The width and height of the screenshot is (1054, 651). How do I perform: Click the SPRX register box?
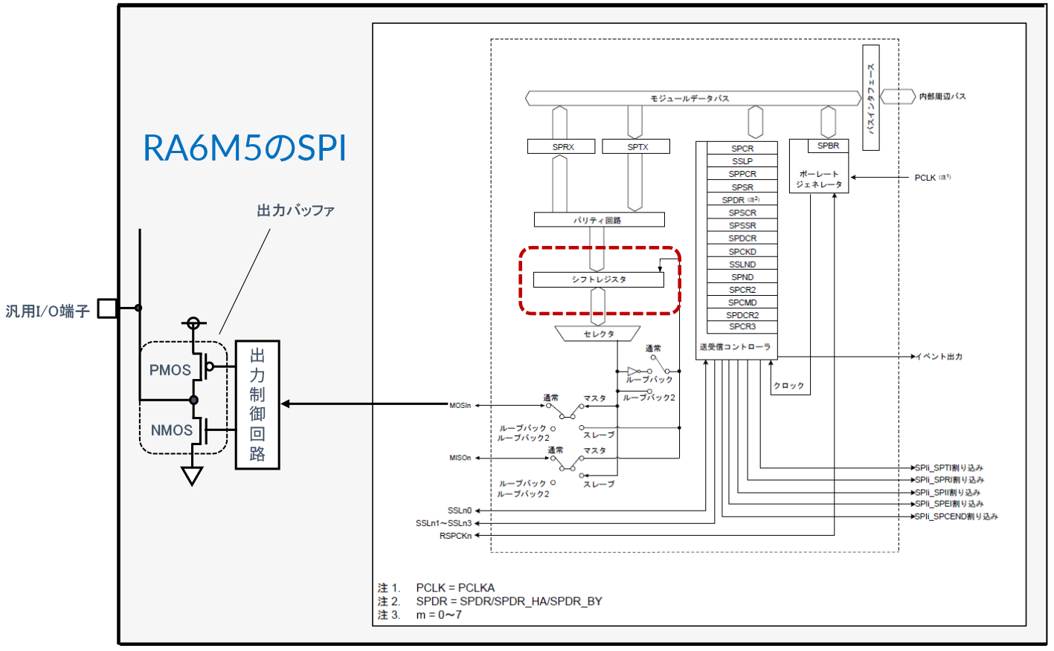[562, 147]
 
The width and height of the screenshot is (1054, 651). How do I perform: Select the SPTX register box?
[636, 147]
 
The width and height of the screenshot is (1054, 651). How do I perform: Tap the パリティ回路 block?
[599, 220]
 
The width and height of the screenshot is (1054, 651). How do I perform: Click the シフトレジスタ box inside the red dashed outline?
[598, 279]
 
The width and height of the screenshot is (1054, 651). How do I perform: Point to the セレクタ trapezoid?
[598, 334]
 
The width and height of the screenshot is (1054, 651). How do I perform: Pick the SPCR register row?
[742, 149]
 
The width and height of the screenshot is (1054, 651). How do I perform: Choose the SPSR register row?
[742, 187]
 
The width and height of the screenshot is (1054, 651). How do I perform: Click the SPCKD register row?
[742, 252]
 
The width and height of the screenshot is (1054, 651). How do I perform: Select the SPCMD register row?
[742, 302]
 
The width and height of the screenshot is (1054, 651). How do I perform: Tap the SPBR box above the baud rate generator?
[828, 146]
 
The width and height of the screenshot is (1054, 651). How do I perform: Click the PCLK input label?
[925, 178]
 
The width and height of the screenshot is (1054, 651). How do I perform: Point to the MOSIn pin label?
[460, 405]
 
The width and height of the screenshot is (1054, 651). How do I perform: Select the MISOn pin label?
[460, 458]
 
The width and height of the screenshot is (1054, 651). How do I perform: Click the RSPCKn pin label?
[455, 536]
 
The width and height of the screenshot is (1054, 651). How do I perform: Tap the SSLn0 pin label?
[459, 511]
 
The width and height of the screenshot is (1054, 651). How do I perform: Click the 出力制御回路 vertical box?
[257, 405]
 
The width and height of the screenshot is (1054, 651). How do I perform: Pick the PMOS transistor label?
[170, 370]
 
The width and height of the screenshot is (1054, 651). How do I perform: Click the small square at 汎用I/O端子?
[108, 308]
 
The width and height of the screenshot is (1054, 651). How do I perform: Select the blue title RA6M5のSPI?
[244, 148]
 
